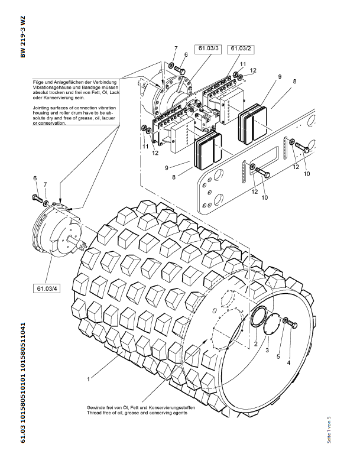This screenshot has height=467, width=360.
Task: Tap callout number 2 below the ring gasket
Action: coord(256,343)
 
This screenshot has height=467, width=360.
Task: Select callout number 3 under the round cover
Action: coord(267,351)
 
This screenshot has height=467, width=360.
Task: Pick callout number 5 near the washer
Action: coord(278,356)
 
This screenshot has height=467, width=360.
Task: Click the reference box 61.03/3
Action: coord(209,48)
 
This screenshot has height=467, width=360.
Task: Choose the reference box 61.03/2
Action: coord(241,48)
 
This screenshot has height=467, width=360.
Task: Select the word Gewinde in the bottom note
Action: coord(97,408)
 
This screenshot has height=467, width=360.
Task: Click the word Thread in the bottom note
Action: coord(95,413)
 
